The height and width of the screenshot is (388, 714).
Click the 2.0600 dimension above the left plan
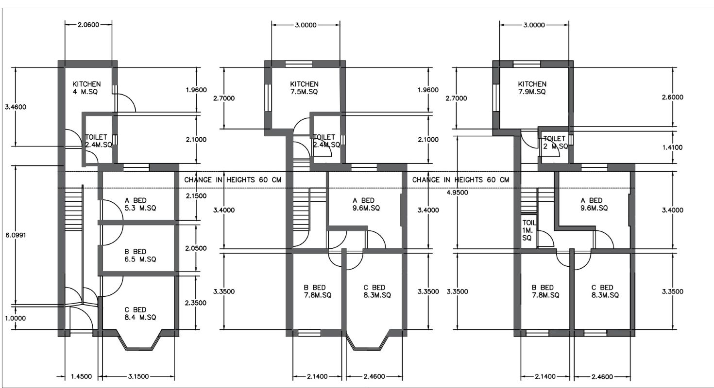[x=88, y=25]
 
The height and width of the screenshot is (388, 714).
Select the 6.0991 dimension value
[x=16, y=235]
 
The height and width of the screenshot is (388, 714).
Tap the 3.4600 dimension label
[x=16, y=107]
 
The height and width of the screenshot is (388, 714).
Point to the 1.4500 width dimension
[x=81, y=376]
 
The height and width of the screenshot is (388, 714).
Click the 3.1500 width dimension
[x=138, y=376]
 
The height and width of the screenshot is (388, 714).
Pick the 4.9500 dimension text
[x=457, y=193]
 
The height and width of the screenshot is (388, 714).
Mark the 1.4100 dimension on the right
[x=672, y=147]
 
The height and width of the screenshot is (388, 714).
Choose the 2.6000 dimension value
[x=673, y=97]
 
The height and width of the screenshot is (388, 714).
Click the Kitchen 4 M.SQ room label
[x=86, y=88]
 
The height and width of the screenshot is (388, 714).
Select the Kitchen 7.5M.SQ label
[x=304, y=88]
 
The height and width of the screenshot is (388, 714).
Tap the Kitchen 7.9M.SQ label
[x=532, y=88]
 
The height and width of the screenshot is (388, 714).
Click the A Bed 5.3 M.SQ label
[x=140, y=204]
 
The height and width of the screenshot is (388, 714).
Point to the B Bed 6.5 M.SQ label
[x=140, y=256]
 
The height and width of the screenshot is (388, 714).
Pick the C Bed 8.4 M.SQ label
[x=140, y=313]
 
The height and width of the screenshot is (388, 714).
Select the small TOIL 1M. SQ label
[x=528, y=230]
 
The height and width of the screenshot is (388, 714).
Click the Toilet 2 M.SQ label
[x=555, y=143]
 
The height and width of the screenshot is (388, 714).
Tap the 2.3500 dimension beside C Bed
[x=196, y=303]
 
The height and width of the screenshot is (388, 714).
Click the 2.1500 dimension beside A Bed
[x=196, y=196]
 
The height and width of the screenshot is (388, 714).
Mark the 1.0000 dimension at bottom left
[x=16, y=318]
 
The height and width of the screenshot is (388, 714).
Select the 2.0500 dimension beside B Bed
[x=196, y=248]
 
